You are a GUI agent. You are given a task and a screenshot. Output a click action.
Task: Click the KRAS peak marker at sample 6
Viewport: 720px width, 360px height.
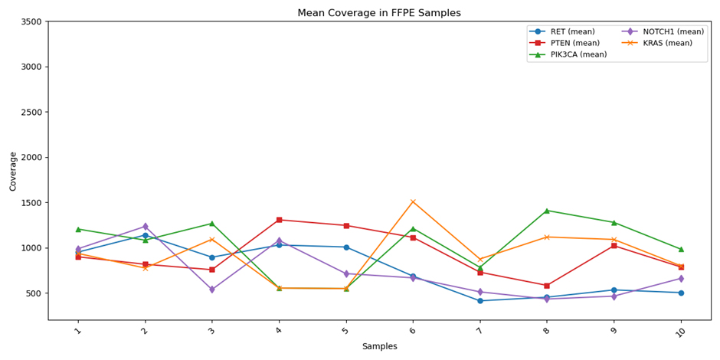click(x=413, y=202)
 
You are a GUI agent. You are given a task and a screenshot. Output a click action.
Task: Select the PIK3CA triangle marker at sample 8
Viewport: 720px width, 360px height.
click(x=547, y=211)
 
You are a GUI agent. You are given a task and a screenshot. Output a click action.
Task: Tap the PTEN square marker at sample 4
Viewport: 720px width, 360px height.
click(x=279, y=220)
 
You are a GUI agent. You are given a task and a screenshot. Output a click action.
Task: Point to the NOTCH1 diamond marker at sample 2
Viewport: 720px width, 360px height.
click(x=145, y=227)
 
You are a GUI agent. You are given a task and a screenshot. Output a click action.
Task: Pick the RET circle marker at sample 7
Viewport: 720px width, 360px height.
click(x=480, y=301)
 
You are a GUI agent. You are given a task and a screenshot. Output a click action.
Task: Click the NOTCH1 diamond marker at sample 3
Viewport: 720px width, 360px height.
click(x=212, y=290)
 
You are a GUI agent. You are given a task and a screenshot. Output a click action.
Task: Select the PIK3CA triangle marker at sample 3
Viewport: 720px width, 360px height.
click(x=212, y=224)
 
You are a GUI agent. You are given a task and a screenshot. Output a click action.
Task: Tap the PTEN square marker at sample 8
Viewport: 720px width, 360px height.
click(x=547, y=286)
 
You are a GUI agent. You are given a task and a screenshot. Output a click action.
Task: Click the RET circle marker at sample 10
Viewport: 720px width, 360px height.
click(x=681, y=293)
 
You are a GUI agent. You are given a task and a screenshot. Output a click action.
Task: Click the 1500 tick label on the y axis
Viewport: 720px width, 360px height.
click(x=31, y=203)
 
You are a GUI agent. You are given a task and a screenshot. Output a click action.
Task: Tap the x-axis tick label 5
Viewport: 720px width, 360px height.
click(x=346, y=331)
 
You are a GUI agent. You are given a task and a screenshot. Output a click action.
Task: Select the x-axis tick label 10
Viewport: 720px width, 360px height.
click(x=681, y=331)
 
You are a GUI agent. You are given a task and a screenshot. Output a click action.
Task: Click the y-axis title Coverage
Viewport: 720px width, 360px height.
click(x=13, y=171)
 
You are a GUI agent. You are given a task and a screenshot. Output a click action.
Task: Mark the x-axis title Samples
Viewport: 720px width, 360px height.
click(x=379, y=347)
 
